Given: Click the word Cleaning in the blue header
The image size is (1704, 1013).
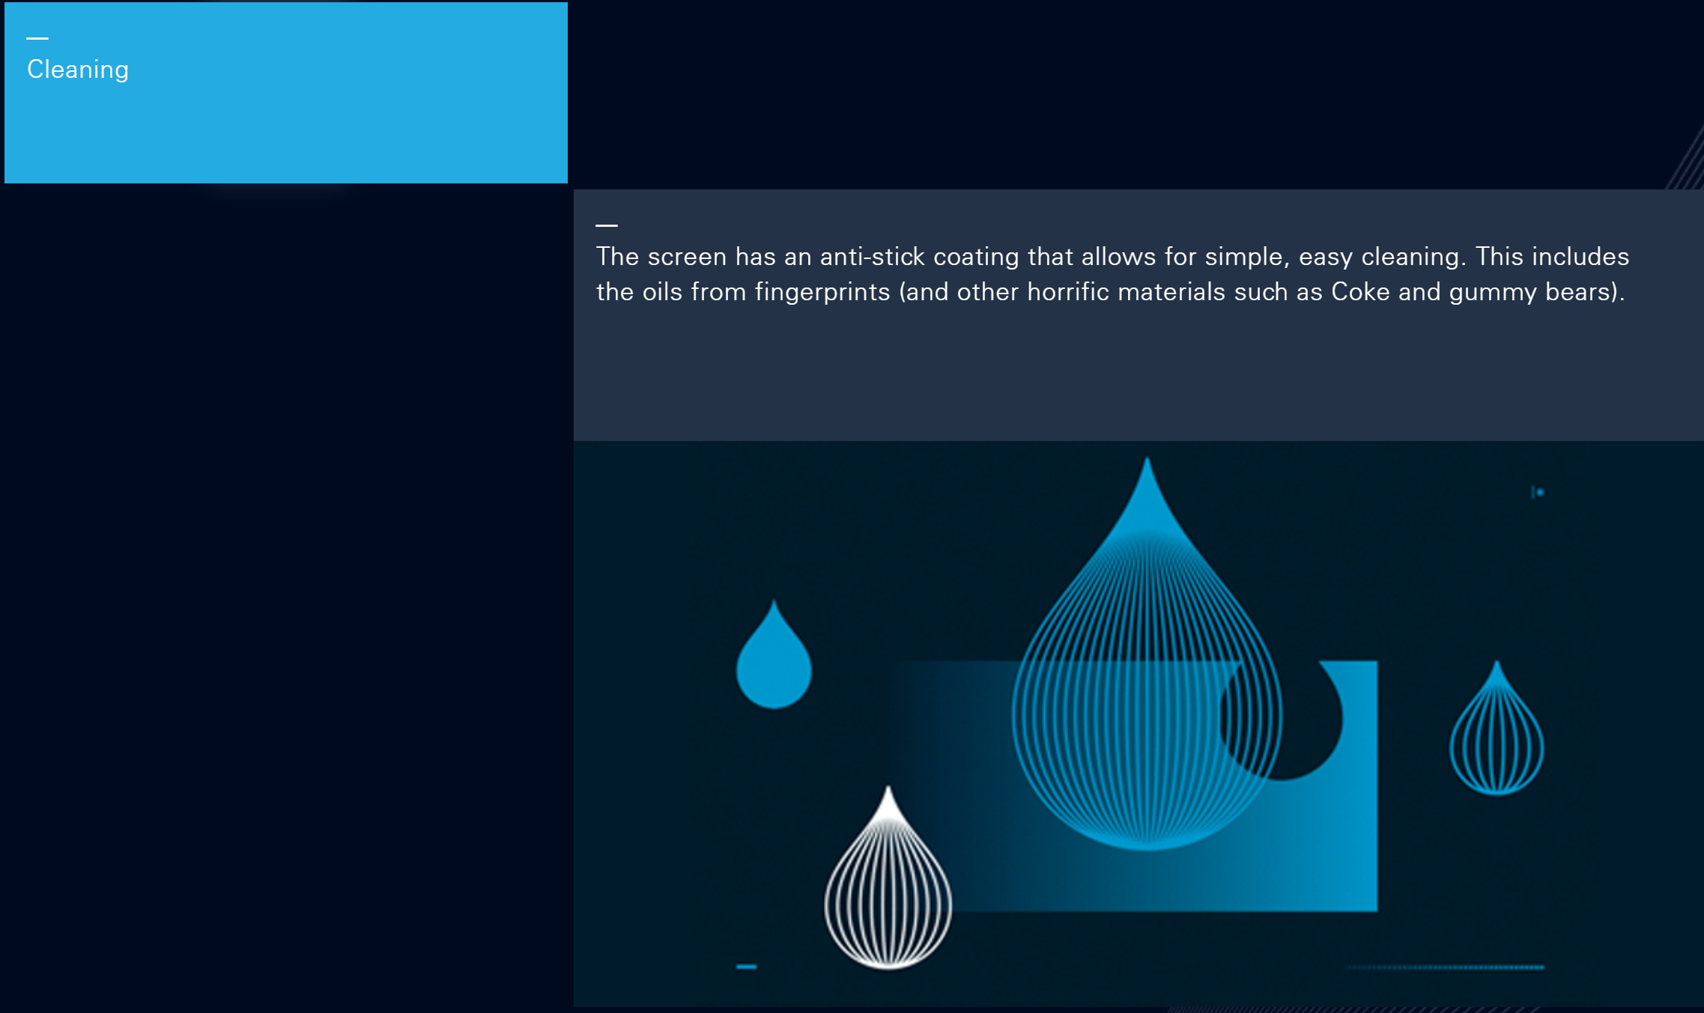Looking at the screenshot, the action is [78, 70].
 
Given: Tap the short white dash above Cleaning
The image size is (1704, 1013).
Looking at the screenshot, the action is [37, 38].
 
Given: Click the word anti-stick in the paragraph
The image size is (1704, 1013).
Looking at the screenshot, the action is [873, 257].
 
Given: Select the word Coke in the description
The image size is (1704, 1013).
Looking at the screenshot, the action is [1360, 292].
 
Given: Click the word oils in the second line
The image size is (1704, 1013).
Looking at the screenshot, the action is [662, 292].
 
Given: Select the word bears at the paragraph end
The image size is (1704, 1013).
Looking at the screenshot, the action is [1577, 292].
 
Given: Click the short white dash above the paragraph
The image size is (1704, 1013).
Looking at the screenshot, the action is [607, 225].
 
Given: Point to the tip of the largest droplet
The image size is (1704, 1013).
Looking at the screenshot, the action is [1147, 457].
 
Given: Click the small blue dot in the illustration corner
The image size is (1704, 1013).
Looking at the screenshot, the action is [1540, 492].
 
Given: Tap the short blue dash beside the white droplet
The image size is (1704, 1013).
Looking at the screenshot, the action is [746, 967].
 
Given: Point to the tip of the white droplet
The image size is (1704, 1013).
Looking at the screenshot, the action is [888, 786].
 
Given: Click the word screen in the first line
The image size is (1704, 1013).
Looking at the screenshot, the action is [687, 257].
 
